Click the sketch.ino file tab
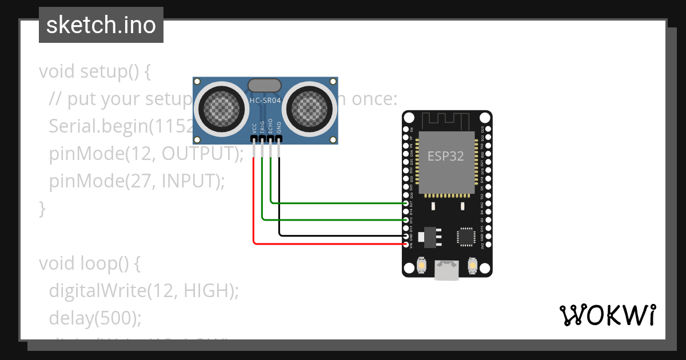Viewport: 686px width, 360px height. pyautogui.click(x=101, y=25)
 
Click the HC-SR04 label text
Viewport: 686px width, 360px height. pyautogui.click(x=264, y=101)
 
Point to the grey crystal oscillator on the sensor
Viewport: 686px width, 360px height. pyautogui.click(x=264, y=85)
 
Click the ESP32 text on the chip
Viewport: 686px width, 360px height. pyautogui.click(x=446, y=155)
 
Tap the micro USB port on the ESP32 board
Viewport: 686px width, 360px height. pyautogui.click(x=446, y=270)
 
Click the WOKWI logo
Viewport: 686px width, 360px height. pyautogui.click(x=607, y=315)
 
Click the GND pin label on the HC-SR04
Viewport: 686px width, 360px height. pyautogui.click(x=279, y=127)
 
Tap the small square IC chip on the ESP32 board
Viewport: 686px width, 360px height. pyautogui.click(x=466, y=236)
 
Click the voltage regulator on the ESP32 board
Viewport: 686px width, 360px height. pyautogui.click(x=429, y=236)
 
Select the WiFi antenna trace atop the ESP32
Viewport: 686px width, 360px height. pyautogui.click(x=446, y=121)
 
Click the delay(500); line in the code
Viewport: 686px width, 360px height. pyautogui.click(x=94, y=317)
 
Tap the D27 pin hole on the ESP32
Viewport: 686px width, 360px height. pyautogui.click(x=406, y=203)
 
